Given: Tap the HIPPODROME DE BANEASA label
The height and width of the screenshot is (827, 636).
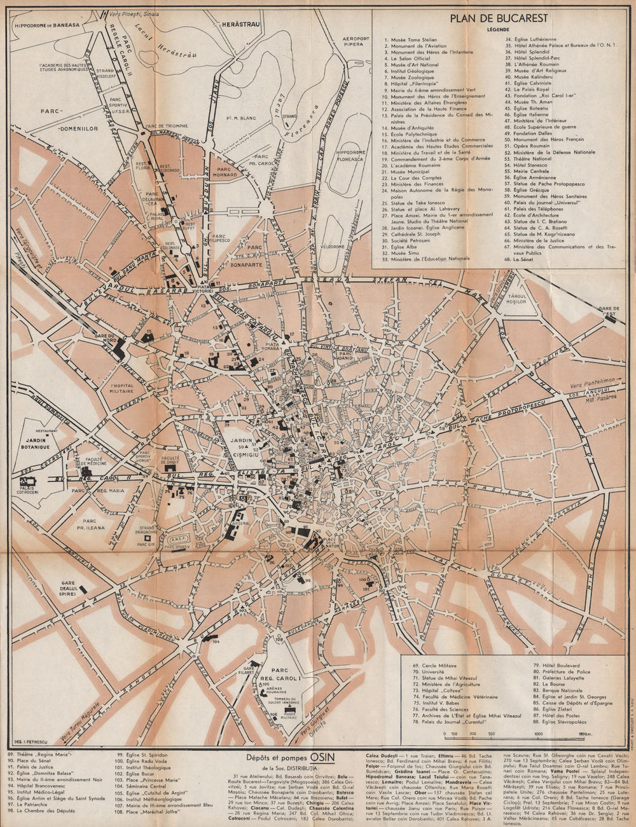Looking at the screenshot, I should click(x=48, y=25).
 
